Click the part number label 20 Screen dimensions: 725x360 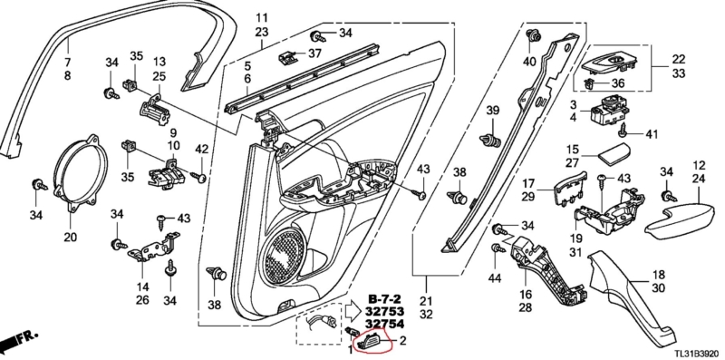pos(71,237)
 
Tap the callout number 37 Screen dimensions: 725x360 pos(314,54)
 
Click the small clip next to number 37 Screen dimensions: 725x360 pos(286,57)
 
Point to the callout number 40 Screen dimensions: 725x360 pos(529,61)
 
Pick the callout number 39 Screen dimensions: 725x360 pos(493,110)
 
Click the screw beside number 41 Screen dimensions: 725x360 pos(623,131)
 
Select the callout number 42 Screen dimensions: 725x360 pos(201,150)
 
